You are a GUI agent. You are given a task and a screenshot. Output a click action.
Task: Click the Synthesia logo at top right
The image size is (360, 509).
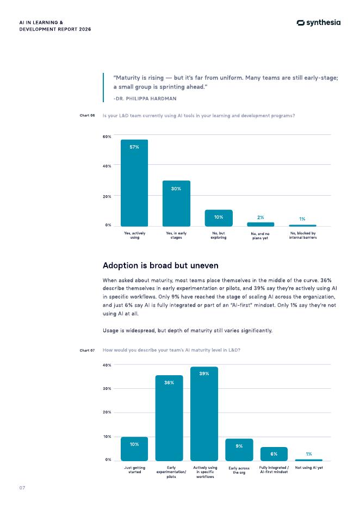pos(319,22)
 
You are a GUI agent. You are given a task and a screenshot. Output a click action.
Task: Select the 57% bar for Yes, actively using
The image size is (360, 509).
pos(134,182)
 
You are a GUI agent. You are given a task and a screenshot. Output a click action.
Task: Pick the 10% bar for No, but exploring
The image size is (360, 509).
pos(219,218)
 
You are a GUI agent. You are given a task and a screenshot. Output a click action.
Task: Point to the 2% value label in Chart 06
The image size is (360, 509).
pos(260,217)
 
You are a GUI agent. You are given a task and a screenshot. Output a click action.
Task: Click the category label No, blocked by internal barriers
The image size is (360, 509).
pos(303,235)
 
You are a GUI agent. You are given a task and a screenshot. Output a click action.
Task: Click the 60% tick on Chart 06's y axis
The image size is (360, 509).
pos(108,136)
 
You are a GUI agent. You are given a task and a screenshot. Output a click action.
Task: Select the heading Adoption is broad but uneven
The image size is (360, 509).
pos(160,265)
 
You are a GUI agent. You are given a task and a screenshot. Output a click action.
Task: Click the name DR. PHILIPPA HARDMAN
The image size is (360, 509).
pos(145,98)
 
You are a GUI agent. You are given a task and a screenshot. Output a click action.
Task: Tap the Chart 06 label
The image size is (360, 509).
pos(88,115)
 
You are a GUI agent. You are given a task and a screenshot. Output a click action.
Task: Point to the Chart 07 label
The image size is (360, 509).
pos(88,350)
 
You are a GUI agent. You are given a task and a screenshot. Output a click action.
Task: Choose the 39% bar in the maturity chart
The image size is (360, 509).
pos(204,413)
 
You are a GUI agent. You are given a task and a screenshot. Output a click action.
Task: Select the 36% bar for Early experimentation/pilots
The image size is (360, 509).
pos(169,418)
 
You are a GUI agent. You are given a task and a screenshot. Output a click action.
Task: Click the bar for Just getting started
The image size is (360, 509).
pos(134,449)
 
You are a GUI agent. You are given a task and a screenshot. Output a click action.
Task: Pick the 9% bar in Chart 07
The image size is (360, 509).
pos(239,449)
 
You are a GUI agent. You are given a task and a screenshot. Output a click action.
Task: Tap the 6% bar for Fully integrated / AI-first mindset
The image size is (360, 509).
pos(274,454)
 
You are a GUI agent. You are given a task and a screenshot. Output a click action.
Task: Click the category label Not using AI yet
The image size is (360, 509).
pos(309,468)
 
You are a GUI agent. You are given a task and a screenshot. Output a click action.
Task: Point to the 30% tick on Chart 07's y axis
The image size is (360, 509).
pos(108,389)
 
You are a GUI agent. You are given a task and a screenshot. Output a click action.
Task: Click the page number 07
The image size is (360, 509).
pos(22,488)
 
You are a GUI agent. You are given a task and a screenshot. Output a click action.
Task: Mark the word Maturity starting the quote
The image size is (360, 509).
pos(128,78)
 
